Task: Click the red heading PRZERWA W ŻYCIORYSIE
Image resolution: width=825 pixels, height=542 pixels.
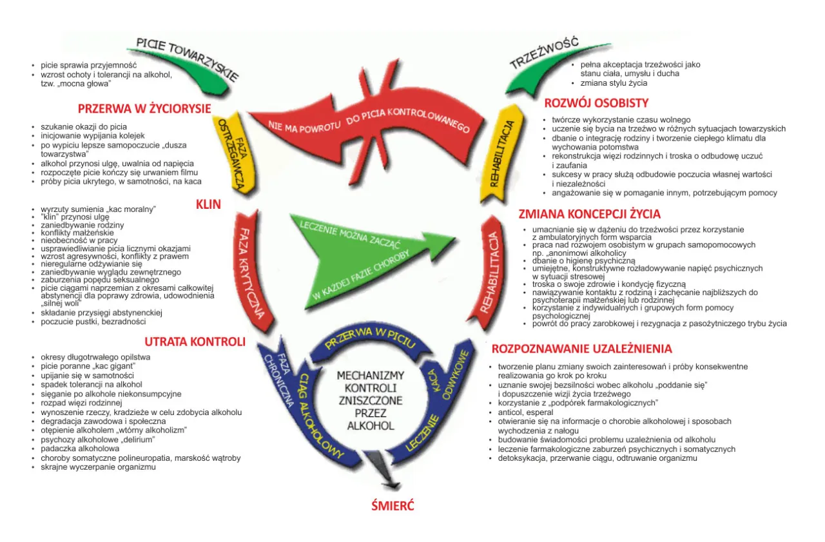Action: click(x=144, y=108)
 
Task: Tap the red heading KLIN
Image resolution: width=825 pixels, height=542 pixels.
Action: click(x=208, y=204)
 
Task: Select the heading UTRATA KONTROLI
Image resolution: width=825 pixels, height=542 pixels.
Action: click(x=195, y=342)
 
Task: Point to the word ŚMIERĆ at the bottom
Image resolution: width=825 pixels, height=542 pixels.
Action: click(x=393, y=506)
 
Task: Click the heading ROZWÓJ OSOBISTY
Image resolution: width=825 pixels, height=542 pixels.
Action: click(x=596, y=103)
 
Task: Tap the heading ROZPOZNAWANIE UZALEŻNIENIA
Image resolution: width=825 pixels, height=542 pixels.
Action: click(x=581, y=349)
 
